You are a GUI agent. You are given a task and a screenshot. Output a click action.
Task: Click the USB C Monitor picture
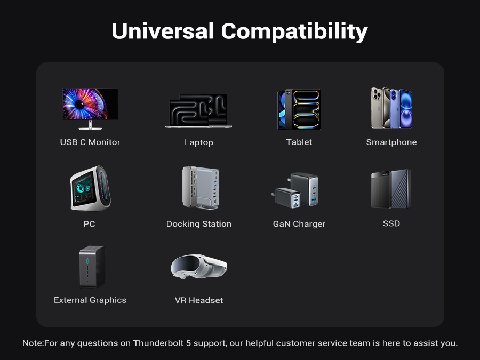pyautogui.click(x=90, y=109)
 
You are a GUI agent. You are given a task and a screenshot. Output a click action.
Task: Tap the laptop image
pyautogui.click(x=199, y=110)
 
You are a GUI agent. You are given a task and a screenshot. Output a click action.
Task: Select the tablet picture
pyautogui.click(x=299, y=109)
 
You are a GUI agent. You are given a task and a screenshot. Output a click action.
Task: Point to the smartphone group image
pyautogui.click(x=391, y=108)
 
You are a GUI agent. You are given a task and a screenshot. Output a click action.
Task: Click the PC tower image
pyautogui.click(x=90, y=188)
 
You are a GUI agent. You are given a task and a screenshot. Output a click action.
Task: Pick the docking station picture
pyautogui.click(x=201, y=188)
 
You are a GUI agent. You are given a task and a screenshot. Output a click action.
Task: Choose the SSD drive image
pyautogui.click(x=391, y=189)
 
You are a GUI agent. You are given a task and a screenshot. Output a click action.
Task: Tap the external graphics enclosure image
pyautogui.click(x=92, y=267)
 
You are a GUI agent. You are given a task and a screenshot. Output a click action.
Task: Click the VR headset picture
pyautogui.click(x=199, y=266)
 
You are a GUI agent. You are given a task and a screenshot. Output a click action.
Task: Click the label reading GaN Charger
pyautogui.click(x=299, y=224)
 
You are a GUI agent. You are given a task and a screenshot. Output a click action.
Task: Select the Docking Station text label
pyautogui.click(x=199, y=224)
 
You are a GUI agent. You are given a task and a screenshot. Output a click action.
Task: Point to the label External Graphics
pyautogui.click(x=90, y=300)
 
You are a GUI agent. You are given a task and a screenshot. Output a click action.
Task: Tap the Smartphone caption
pyautogui.click(x=391, y=142)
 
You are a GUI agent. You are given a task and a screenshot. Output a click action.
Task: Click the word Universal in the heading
pyautogui.click(x=163, y=31)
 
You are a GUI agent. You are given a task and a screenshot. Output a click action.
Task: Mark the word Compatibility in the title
pyautogui.click(x=294, y=32)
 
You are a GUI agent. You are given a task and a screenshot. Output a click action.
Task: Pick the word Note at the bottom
pyautogui.click(x=33, y=343)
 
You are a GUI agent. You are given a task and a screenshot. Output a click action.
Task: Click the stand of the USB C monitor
pyautogui.click(x=90, y=125)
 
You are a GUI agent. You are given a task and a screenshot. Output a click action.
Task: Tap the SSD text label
pyautogui.click(x=391, y=223)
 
